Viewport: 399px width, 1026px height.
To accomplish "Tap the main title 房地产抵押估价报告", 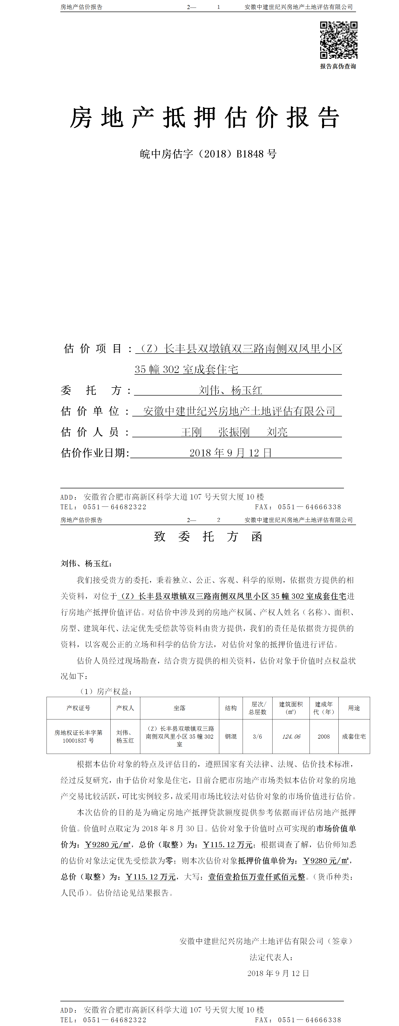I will click(x=205, y=118).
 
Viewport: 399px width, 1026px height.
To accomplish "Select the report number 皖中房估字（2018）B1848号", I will click(x=208, y=154).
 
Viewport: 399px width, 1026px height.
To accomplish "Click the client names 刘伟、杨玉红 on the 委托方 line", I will click(x=231, y=390).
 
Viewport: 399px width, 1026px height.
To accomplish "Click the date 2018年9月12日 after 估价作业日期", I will click(x=231, y=453).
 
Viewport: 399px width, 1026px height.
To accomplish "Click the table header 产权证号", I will click(x=78, y=708).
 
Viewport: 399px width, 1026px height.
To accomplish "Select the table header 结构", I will click(x=231, y=708).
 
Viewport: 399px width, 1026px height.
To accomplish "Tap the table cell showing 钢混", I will click(x=231, y=737).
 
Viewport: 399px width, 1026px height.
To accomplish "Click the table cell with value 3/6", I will click(x=258, y=737).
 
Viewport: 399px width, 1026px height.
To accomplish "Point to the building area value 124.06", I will click(x=291, y=737).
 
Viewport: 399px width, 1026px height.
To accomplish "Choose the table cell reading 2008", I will click(x=324, y=737).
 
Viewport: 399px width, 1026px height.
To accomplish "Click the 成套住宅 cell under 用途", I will click(x=354, y=737).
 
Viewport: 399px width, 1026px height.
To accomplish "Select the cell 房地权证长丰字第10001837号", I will click(x=78, y=737).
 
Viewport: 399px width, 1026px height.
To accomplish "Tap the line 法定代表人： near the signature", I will click(x=272, y=957).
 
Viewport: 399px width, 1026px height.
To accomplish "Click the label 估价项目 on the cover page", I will click(x=93, y=349).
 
